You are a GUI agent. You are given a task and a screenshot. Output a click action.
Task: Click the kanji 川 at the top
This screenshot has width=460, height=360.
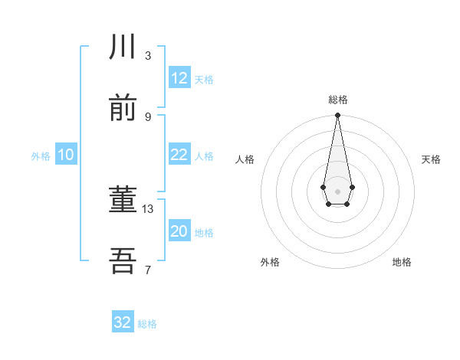[x=123, y=47]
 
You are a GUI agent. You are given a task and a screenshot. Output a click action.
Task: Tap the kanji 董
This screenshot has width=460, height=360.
[x=123, y=201]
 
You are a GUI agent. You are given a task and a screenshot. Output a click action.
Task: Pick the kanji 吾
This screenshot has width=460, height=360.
[x=123, y=261]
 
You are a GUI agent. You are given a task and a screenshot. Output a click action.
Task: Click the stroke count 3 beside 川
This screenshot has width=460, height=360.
[x=148, y=55]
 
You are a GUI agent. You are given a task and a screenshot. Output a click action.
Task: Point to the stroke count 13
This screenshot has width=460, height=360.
[x=148, y=208]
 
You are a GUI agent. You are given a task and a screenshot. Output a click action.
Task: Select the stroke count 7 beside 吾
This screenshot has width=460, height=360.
[x=148, y=270]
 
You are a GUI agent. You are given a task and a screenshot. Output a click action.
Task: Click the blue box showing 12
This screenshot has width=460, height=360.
[x=179, y=78]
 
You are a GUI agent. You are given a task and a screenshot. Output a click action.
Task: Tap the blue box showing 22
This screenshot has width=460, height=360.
[x=179, y=155]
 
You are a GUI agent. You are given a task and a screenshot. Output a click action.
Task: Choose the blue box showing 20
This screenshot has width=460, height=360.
[x=179, y=231]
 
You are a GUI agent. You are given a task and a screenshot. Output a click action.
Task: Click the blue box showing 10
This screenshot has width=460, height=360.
[x=66, y=155]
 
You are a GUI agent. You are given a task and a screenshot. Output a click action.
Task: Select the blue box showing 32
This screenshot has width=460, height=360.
[x=123, y=322]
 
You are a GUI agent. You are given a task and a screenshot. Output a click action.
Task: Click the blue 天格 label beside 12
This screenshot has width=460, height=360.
[x=204, y=80]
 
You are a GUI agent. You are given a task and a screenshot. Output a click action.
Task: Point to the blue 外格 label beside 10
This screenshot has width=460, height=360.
[x=41, y=156]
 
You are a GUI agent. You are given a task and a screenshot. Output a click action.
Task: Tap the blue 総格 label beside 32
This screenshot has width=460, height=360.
[x=147, y=324]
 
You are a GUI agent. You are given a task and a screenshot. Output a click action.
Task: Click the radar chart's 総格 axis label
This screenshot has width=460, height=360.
[x=337, y=100]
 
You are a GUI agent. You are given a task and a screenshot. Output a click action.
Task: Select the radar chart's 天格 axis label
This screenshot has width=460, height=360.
[x=431, y=159]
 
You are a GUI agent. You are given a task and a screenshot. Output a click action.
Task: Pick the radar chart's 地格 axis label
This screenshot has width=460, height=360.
[x=402, y=262]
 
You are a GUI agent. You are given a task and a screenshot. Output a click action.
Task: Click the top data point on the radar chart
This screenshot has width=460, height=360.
[x=337, y=116]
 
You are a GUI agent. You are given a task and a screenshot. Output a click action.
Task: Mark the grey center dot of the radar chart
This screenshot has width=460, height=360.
[x=337, y=190]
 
